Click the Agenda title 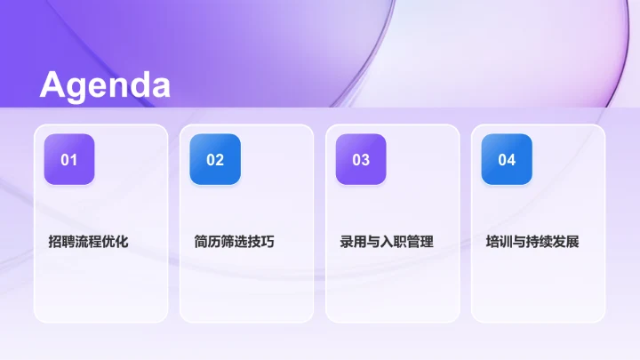click(105, 85)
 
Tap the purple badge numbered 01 click(69, 160)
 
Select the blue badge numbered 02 click(215, 160)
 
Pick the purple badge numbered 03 click(361, 160)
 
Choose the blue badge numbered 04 click(507, 160)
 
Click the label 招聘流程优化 click(89, 241)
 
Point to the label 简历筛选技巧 click(235, 241)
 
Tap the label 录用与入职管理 click(387, 241)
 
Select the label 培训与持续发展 click(532, 241)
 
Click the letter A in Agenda click(52, 85)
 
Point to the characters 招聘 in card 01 click(62, 241)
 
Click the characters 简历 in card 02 click(208, 241)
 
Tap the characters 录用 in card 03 click(354, 241)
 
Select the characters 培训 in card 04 click(500, 241)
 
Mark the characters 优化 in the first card click(116, 241)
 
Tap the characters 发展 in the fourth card click(566, 241)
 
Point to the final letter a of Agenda click(159, 87)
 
